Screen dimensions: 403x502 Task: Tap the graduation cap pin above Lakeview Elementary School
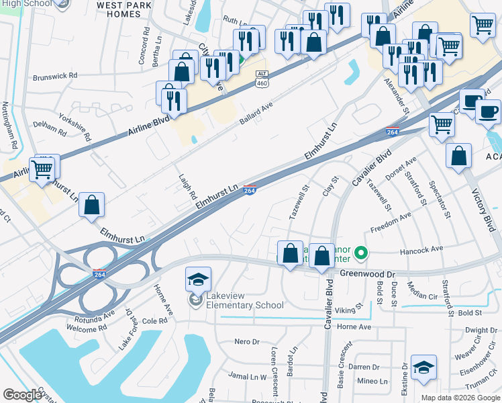coord(199,279)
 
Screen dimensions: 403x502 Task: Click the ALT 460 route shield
coord(262,78)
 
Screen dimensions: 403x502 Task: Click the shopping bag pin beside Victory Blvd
coord(459,155)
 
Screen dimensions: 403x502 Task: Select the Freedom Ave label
coord(391,222)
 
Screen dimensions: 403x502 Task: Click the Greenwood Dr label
coord(368,274)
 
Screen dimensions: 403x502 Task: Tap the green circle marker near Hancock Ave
coord(361,253)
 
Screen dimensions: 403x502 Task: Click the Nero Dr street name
coord(246,342)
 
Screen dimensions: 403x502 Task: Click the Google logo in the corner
coord(22,395)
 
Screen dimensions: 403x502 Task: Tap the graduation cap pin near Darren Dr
coord(423,367)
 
